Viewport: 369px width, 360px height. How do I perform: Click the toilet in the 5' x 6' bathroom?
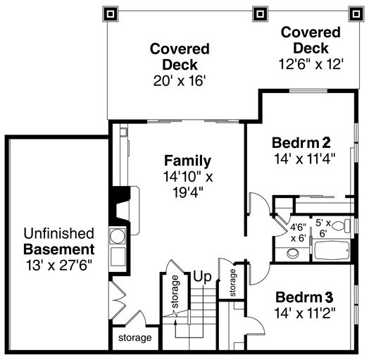point(340,225)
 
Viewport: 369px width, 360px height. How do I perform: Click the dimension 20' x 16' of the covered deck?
point(180,81)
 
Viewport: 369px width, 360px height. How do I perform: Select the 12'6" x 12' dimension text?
point(310,63)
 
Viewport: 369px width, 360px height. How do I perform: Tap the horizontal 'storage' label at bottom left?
point(135,338)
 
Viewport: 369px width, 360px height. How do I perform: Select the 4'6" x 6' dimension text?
point(297,232)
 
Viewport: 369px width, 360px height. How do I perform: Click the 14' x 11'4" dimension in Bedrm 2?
point(304,159)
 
